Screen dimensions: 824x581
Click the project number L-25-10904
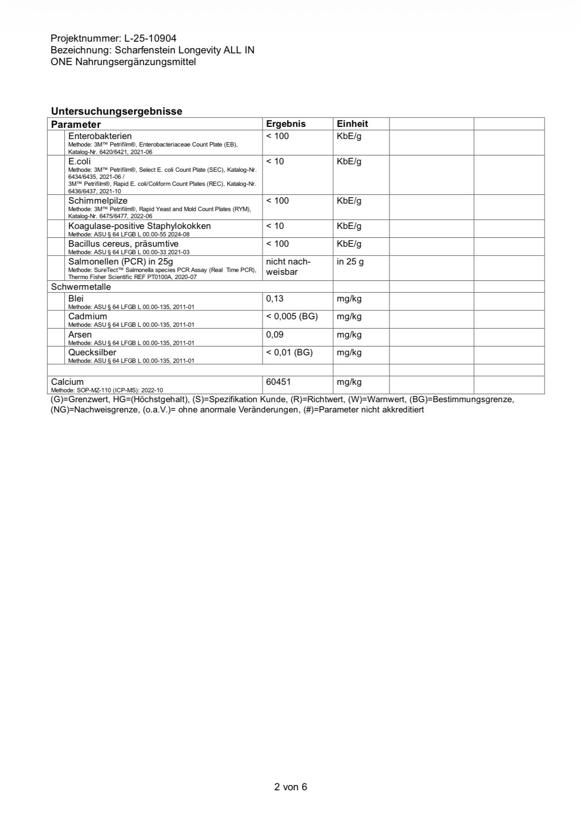(150, 38)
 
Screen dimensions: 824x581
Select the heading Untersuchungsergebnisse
(117, 111)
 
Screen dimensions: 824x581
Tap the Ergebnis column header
(286, 124)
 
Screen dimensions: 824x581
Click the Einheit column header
(352, 124)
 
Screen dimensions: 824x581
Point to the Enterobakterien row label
(100, 136)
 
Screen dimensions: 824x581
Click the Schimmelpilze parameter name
(98, 201)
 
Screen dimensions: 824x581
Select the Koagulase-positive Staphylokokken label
(140, 226)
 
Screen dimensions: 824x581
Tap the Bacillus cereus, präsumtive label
(123, 244)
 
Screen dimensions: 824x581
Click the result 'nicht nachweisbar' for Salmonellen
(287, 267)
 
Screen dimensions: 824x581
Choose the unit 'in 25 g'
(350, 262)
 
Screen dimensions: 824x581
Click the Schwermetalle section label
(81, 287)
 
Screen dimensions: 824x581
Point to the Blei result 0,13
(274, 299)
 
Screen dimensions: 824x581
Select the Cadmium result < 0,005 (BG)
(292, 316)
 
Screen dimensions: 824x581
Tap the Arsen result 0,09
(274, 335)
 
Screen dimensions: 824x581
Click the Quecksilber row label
(92, 353)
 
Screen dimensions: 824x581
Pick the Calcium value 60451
(278, 382)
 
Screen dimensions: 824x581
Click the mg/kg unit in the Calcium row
(349, 382)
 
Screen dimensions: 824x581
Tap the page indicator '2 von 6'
(290, 787)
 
